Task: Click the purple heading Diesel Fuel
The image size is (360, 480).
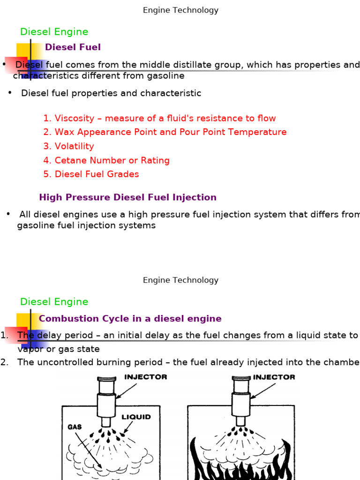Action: click(x=73, y=47)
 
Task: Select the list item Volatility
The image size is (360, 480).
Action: click(x=74, y=146)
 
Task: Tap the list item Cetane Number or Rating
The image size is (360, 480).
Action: click(x=112, y=160)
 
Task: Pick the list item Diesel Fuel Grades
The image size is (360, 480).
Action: click(x=97, y=174)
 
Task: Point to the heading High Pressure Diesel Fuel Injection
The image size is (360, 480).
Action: click(x=127, y=197)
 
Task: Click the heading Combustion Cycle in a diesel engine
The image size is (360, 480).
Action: click(x=130, y=319)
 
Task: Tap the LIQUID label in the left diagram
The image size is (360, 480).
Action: click(x=136, y=417)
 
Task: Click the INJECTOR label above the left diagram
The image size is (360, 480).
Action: click(x=146, y=377)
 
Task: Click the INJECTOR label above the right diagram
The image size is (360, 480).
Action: click(x=274, y=377)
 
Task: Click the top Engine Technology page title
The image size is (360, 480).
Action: click(x=180, y=10)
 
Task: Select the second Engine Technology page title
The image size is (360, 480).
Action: click(x=180, y=280)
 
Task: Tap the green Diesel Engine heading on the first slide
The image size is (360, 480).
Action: click(x=54, y=32)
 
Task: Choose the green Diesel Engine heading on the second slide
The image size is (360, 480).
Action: click(x=54, y=302)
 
